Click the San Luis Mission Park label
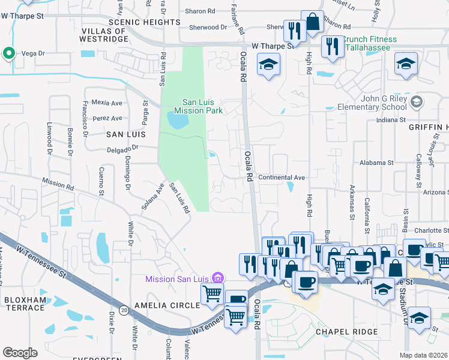click(x=198, y=106)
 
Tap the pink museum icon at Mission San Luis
click(x=218, y=278)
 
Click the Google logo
click(x=19, y=353)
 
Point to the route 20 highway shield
click(x=124, y=310)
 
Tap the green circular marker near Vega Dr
click(x=9, y=54)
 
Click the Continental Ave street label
click(x=282, y=178)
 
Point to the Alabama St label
click(x=376, y=162)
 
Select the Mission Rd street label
click(x=57, y=182)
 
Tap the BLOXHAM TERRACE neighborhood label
click(x=24, y=303)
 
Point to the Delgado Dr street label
click(x=123, y=146)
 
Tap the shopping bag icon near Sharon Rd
click(x=312, y=23)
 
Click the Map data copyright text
click(x=423, y=355)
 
